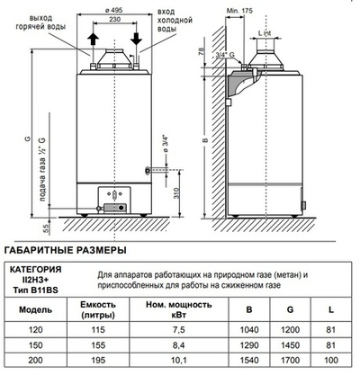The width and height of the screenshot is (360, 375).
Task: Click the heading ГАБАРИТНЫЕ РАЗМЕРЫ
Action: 66,250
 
